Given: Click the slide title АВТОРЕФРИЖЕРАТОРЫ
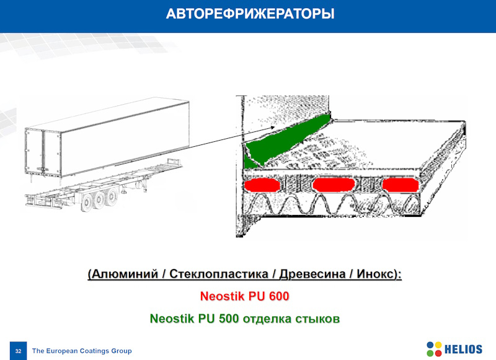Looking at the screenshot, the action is point(250,14).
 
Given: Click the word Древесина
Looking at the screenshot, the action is point(312,274).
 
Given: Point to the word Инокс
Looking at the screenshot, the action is point(376,274).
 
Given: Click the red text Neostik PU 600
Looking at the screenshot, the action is point(244,296).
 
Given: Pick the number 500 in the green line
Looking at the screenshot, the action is point(229,318).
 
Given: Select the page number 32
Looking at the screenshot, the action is point(18,351).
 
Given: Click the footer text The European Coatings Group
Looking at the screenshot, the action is point(82,351).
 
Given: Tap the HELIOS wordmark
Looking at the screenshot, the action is point(463,349).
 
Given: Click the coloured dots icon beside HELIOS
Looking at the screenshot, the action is point(434,349).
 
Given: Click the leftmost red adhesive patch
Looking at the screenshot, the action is point(262,185).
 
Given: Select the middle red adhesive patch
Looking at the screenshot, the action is point(334,185).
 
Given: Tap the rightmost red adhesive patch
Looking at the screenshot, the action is point(401,185).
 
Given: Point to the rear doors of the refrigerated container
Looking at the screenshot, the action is point(43,152).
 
